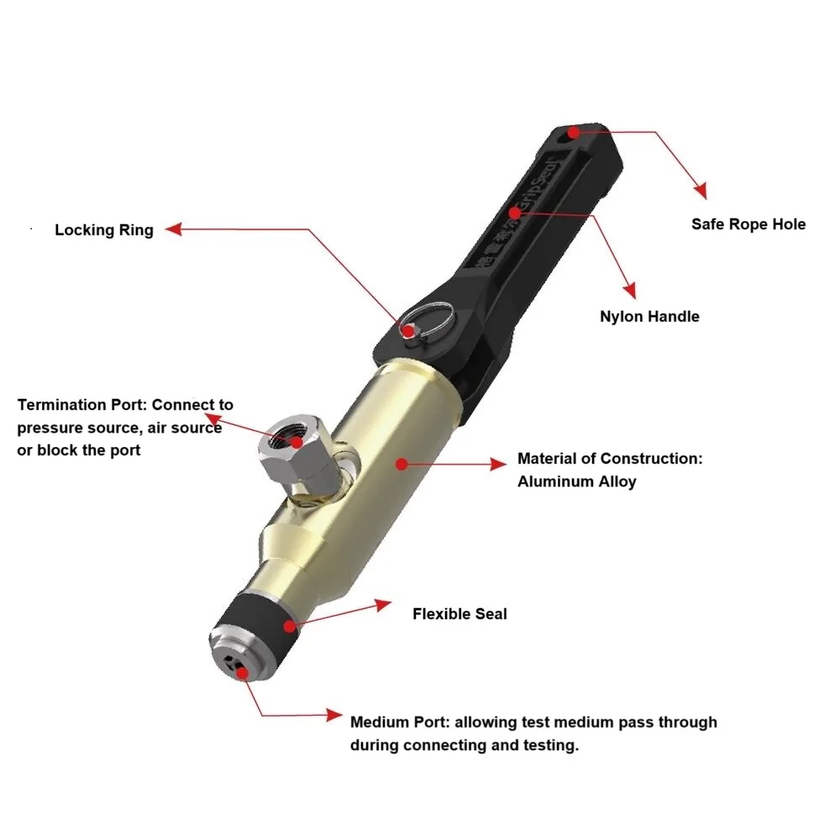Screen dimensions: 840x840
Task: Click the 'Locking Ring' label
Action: [x=104, y=230]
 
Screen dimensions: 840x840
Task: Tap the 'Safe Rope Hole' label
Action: [x=748, y=224]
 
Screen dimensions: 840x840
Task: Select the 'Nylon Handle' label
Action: [x=649, y=317]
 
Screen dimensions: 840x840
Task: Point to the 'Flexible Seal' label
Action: [x=459, y=614]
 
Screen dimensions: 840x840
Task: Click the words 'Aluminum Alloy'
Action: [x=576, y=481]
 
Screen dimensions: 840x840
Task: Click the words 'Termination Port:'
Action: [x=82, y=405]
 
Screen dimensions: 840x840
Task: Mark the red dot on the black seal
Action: [x=289, y=626]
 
